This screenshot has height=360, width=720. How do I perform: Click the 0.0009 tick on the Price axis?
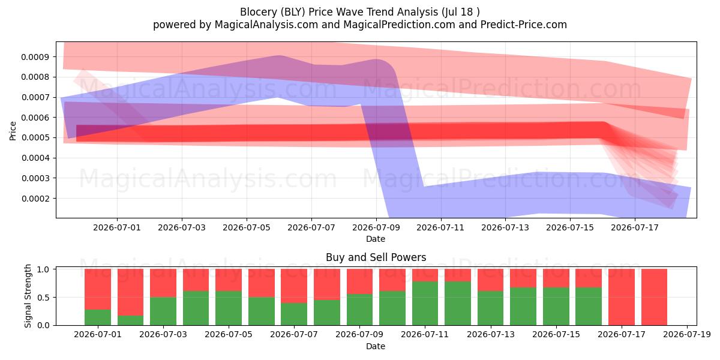(35, 57)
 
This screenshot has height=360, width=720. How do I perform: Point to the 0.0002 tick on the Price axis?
(35, 199)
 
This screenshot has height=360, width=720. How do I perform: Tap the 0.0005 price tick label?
(35, 138)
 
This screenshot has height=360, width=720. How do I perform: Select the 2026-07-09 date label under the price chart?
(376, 227)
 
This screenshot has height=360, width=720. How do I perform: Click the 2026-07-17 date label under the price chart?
(635, 227)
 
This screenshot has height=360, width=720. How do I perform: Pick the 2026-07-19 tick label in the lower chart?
(687, 335)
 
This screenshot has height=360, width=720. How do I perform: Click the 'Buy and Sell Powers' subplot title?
(376, 257)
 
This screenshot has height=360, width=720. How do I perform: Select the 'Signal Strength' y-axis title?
(28, 296)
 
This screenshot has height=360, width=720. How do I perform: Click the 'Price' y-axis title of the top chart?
(13, 131)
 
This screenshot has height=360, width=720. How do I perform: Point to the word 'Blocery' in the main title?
(259, 12)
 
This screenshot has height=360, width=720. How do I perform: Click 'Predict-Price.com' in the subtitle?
(524, 25)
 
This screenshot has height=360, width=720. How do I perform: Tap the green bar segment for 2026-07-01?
(98, 317)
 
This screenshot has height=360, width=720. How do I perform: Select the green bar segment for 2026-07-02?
(131, 320)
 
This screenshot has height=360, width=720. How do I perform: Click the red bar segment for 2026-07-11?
(425, 275)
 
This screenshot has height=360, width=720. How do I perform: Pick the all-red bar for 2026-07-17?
(622, 297)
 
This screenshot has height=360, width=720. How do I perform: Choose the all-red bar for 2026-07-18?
(655, 297)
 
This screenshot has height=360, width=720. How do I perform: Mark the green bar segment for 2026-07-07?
(294, 314)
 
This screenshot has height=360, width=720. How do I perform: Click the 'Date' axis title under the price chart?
(376, 239)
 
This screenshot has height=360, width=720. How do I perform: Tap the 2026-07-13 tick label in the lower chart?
(491, 335)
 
